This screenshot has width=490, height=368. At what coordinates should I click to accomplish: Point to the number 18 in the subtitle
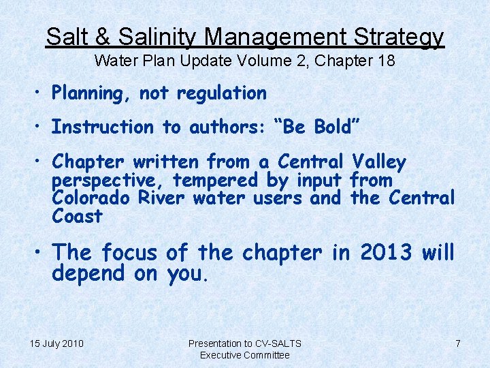(385, 61)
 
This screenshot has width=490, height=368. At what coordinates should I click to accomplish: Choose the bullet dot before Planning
(41, 93)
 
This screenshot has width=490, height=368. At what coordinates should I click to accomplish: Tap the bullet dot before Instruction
(41, 127)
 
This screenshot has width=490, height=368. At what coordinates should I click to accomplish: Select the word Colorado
(86, 198)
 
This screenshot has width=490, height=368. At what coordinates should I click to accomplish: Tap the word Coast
(77, 217)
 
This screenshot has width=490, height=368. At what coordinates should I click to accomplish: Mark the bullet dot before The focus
(41, 252)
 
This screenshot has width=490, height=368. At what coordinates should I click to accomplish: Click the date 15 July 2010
(56, 343)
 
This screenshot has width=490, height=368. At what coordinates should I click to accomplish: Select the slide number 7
(458, 343)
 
